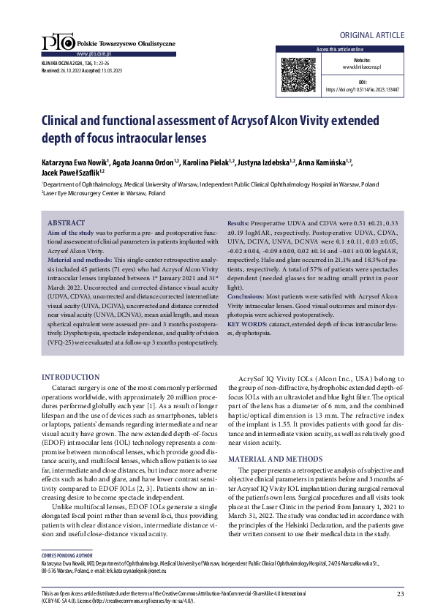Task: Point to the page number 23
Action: [401, 593]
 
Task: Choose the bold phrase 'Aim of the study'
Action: [72, 231]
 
